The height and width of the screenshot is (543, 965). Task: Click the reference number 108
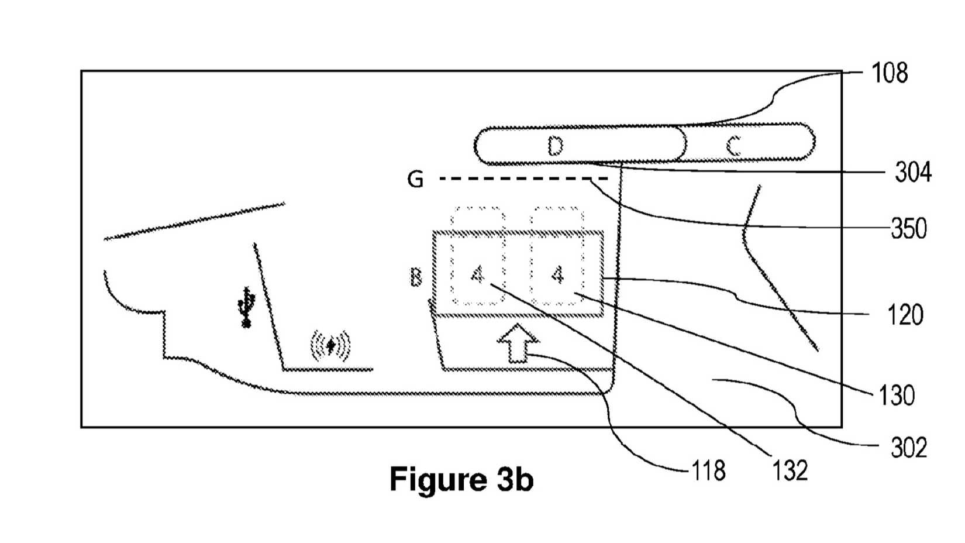889,74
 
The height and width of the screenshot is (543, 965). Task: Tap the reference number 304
913,173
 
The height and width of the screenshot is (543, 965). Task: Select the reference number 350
909,228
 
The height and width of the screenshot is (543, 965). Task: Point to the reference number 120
905,315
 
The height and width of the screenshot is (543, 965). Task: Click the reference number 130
897,396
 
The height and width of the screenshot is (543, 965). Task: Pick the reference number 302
909,448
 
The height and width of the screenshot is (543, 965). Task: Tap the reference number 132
790,470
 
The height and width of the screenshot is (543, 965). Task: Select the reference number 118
708,470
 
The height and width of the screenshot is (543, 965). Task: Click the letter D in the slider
555,145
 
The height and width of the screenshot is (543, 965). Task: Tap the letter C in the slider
734,145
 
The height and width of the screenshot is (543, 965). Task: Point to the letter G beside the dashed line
415,179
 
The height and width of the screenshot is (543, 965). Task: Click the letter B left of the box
416,276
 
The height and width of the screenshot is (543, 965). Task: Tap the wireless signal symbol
330,346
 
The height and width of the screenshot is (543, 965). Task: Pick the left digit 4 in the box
478,274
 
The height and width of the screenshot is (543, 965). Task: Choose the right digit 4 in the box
558,274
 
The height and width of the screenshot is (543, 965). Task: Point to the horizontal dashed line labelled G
523,178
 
